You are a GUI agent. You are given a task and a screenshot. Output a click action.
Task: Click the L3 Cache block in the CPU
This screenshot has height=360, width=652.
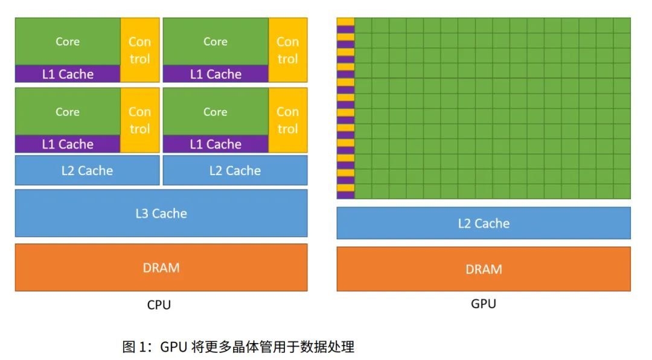[161, 213]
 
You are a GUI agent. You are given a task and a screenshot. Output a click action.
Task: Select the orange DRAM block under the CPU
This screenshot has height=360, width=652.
[161, 267]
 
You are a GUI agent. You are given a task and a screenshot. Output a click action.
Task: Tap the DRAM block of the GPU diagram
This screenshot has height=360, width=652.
[484, 269]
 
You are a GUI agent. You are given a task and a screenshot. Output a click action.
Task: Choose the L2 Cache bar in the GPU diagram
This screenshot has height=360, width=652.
[484, 223]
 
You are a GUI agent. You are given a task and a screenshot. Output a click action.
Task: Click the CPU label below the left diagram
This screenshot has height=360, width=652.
[159, 304]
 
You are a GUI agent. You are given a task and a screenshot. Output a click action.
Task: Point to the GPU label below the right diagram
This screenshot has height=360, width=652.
[483, 303]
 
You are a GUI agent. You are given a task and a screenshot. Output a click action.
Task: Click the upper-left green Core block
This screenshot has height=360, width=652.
[68, 41]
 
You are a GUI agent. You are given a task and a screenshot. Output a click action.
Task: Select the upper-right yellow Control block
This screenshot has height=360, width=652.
[288, 50]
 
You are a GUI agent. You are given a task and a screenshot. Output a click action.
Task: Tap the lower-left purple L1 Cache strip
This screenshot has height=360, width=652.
[68, 144]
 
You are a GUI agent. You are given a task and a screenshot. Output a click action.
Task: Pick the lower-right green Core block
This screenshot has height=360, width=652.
[216, 111]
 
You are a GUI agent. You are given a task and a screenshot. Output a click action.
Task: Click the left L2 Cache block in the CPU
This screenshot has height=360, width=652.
[87, 170]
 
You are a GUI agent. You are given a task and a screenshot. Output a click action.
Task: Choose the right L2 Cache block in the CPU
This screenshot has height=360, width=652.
[235, 170]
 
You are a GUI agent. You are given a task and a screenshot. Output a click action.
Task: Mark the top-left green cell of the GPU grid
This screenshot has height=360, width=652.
[363, 25]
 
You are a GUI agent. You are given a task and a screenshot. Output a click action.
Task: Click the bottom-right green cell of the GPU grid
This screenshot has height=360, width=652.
[622, 191]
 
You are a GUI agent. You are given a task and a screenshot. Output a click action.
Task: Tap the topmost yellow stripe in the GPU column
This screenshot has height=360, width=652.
[345, 22]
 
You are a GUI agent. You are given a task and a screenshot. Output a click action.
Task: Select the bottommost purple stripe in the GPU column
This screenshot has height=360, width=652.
[345, 194]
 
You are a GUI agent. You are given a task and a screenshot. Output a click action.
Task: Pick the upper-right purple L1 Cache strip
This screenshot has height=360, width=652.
[216, 74]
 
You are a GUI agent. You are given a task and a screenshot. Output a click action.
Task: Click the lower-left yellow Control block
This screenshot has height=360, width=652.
[140, 120]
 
